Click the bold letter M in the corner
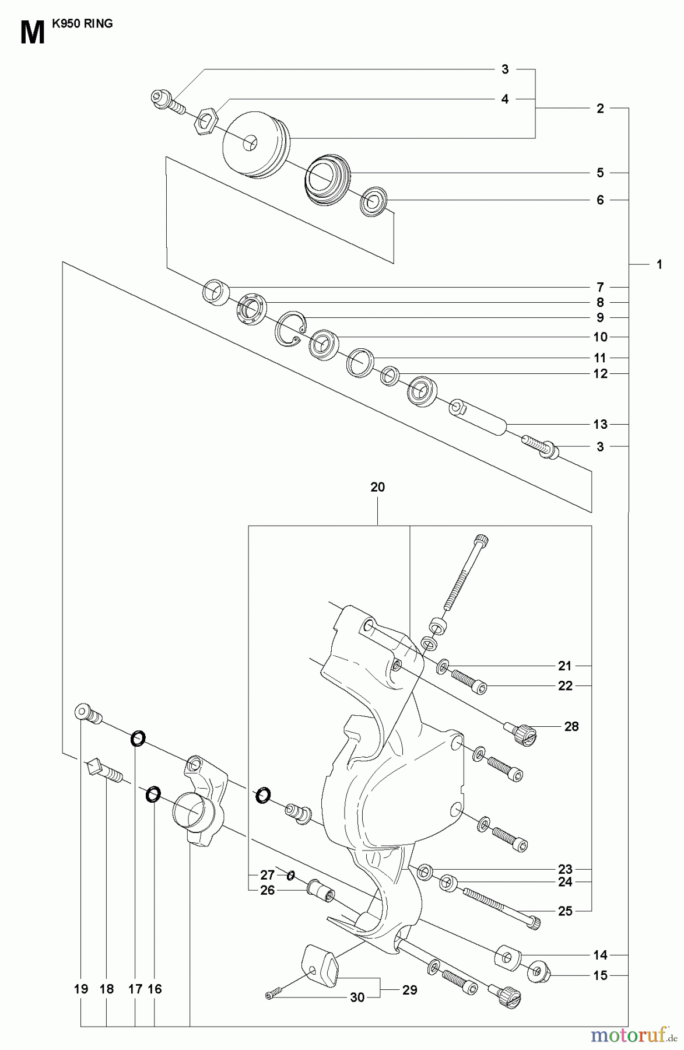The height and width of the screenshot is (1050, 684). pyautogui.click(x=32, y=33)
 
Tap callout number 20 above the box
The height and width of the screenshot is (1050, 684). pyautogui.click(x=377, y=487)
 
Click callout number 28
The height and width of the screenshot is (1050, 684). pyautogui.click(x=571, y=726)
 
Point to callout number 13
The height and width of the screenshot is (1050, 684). pyautogui.click(x=600, y=424)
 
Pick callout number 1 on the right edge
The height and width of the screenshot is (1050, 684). pyautogui.click(x=659, y=264)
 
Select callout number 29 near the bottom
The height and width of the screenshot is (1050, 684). pyautogui.click(x=410, y=990)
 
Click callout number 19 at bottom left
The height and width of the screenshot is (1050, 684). pyautogui.click(x=81, y=989)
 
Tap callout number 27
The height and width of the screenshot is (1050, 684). pyautogui.click(x=267, y=875)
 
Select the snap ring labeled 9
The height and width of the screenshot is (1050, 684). pyautogui.click(x=289, y=328)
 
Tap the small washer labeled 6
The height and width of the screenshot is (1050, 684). pyautogui.click(x=372, y=202)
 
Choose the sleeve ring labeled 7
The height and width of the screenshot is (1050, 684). pyautogui.click(x=216, y=292)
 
